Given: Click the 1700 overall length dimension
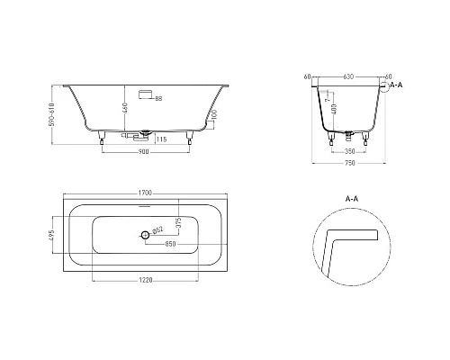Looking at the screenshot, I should [x=144, y=193].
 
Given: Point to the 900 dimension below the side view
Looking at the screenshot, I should [x=145, y=151].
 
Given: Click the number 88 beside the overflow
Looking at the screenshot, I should [x=158, y=97].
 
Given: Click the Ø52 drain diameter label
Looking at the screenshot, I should [x=157, y=231].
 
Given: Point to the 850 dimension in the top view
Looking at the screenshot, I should [x=169, y=244].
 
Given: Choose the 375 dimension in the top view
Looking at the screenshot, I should [x=179, y=222].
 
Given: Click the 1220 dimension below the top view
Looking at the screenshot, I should [x=144, y=280].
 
